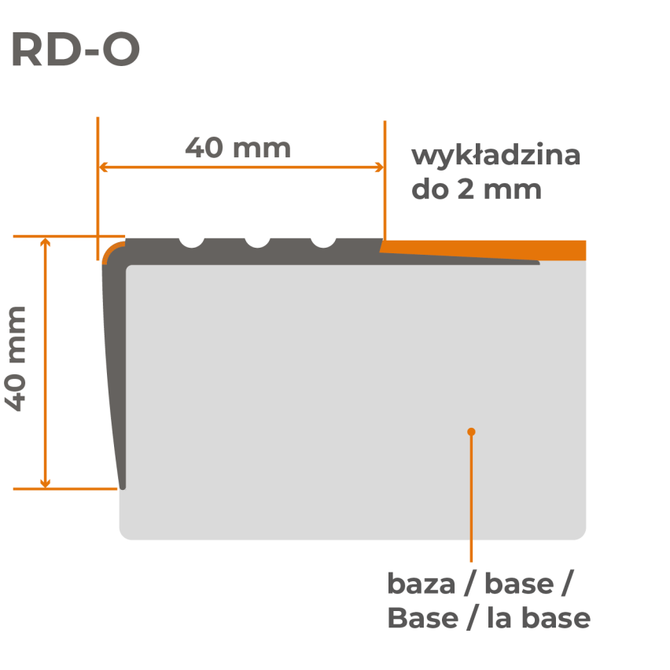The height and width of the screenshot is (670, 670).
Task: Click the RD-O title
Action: (x=75, y=50)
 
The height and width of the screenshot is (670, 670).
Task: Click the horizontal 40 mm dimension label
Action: (x=237, y=148)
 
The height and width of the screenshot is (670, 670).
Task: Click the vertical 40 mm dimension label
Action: (x=17, y=359)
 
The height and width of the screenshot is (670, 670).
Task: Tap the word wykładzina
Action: (x=495, y=156)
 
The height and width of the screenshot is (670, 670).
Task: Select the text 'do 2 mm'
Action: (x=477, y=190)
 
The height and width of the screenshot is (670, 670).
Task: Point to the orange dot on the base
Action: (x=471, y=432)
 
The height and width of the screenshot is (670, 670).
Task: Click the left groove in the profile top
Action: (x=191, y=241)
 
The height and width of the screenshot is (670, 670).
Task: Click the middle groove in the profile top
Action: (x=257, y=241)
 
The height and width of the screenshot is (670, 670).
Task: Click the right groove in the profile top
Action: (x=323, y=241)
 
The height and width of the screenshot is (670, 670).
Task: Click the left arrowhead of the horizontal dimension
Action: (x=103, y=167)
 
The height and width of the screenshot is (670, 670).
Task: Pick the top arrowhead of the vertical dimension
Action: (x=46, y=241)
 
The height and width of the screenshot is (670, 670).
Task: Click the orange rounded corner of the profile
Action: (x=109, y=250)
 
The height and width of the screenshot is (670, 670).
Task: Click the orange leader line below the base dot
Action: (x=471, y=495)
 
